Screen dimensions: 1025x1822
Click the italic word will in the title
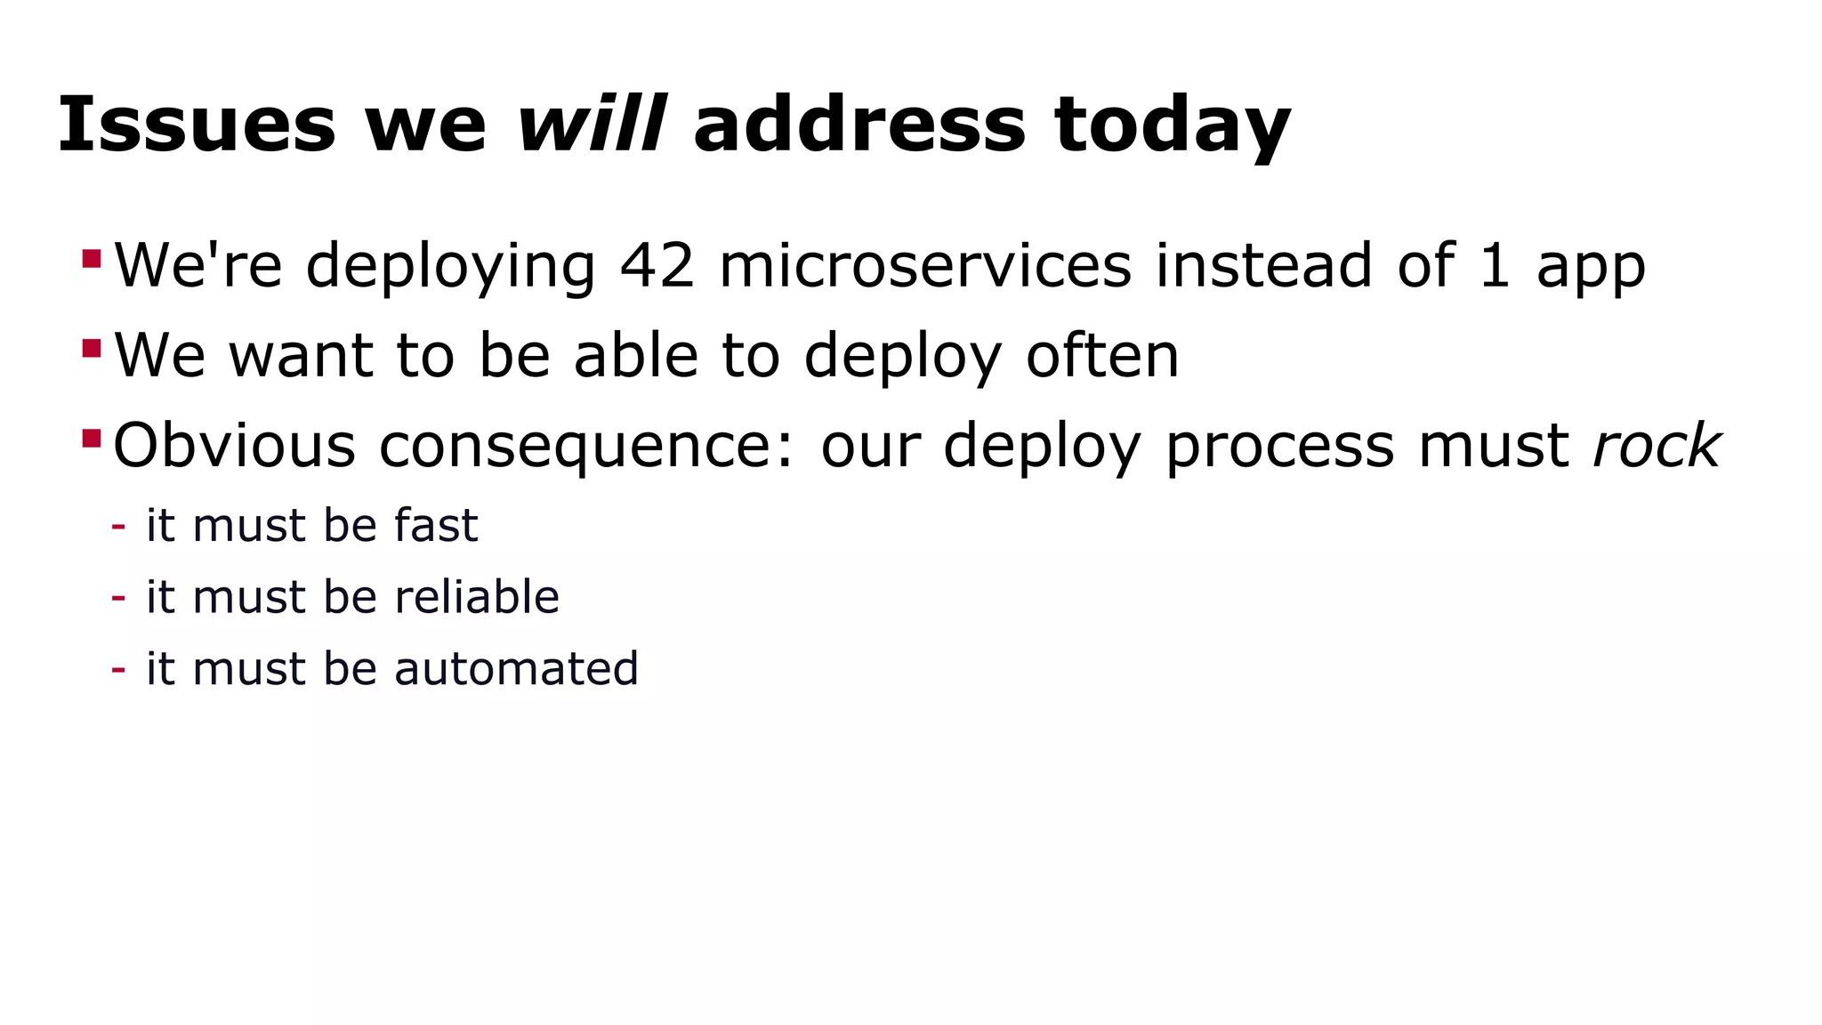[591, 124]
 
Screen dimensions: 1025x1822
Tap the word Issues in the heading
[197, 124]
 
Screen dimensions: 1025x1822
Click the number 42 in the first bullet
[657, 265]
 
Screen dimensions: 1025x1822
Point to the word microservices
[925, 265]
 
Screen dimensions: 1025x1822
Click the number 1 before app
[1495, 265]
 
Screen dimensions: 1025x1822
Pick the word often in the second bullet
[1102, 355]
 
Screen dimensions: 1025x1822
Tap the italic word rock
[1657, 445]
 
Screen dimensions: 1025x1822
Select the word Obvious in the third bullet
[235, 445]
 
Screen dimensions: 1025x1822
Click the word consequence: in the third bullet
[586, 447]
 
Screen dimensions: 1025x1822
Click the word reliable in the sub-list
[477, 596]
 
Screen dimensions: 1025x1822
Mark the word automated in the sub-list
[516, 668]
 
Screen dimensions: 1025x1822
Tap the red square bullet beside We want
[92, 348]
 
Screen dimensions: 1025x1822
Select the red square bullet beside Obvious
[92, 438]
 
